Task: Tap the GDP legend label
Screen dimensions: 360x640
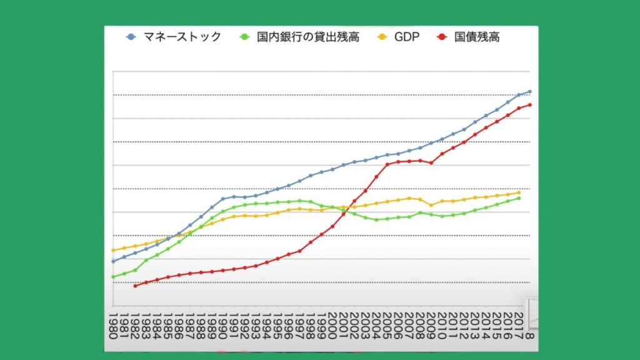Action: click(406, 37)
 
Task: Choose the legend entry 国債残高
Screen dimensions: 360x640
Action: click(477, 37)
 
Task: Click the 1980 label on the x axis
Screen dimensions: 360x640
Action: click(113, 325)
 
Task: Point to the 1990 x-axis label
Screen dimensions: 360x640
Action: click(222, 325)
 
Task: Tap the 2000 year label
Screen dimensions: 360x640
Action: click(332, 325)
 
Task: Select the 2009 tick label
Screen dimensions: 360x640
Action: click(431, 325)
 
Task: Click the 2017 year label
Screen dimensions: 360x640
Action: click(519, 325)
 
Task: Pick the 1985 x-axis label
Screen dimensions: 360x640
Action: click(167, 325)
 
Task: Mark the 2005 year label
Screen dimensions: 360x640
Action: click(387, 325)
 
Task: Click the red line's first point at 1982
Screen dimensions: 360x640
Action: click(135, 286)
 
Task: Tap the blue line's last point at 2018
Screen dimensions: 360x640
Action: click(530, 91)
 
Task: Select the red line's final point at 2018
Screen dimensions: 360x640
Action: click(530, 104)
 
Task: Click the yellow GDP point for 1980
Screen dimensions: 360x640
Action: click(113, 250)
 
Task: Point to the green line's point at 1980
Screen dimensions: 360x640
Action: click(113, 277)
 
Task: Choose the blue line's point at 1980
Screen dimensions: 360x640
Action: click(113, 261)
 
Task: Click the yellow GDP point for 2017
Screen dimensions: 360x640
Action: click(519, 192)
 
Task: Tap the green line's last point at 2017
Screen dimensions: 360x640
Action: click(519, 198)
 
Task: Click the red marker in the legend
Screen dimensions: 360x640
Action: click(441, 37)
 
